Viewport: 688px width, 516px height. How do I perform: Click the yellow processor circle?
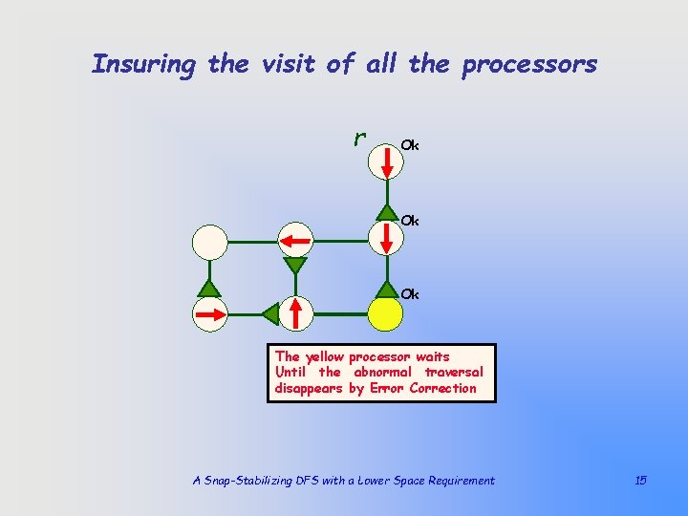click(x=386, y=313)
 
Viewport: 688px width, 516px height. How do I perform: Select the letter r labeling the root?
click(x=359, y=139)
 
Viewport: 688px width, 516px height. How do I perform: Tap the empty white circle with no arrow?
click(x=209, y=243)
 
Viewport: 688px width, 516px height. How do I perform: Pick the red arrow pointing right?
click(x=210, y=312)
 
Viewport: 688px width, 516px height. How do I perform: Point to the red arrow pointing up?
click(x=296, y=312)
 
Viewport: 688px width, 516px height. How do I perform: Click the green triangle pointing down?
click(x=295, y=266)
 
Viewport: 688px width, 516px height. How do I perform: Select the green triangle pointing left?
click(x=270, y=312)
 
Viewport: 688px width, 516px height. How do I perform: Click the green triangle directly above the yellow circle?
click(x=386, y=287)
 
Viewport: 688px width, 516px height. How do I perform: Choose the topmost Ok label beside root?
click(x=409, y=145)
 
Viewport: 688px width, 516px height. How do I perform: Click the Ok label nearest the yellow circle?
click(x=409, y=294)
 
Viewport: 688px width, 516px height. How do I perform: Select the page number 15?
click(x=640, y=480)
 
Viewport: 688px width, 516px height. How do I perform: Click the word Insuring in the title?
click(x=144, y=65)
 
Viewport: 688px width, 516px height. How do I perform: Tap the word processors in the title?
click(x=529, y=65)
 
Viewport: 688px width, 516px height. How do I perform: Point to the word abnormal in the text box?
click(x=385, y=372)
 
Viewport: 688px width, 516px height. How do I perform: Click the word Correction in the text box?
click(x=442, y=388)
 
